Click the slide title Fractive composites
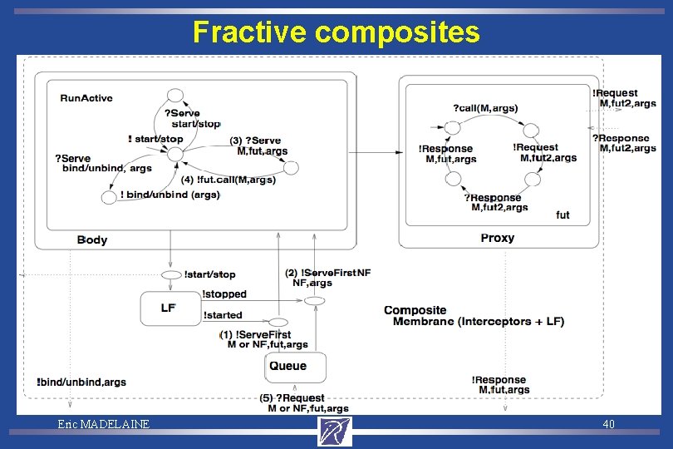tap(336, 32)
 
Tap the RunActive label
tap(86, 98)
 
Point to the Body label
tap(92, 239)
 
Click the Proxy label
tap(497, 238)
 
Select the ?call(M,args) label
tap(485, 108)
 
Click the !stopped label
tap(224, 294)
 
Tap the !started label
tap(223, 315)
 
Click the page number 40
tap(608, 425)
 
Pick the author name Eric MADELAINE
tap(104, 425)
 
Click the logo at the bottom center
tap(335, 431)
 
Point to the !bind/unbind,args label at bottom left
tap(81, 382)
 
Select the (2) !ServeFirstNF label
tap(327, 273)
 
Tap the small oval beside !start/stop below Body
tap(171, 274)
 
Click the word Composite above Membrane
tap(415, 310)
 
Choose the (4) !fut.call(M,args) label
tap(228, 180)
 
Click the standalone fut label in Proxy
tap(562, 215)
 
